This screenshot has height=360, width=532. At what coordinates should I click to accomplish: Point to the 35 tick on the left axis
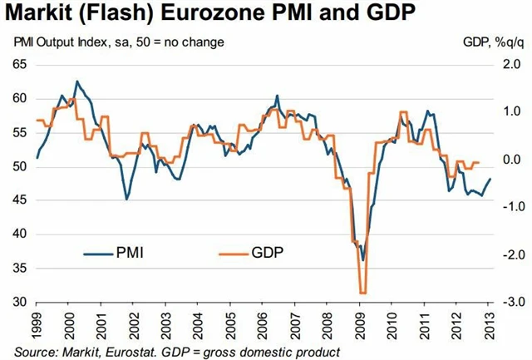point(18,268)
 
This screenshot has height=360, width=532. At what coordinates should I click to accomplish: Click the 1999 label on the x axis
point(38,324)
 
